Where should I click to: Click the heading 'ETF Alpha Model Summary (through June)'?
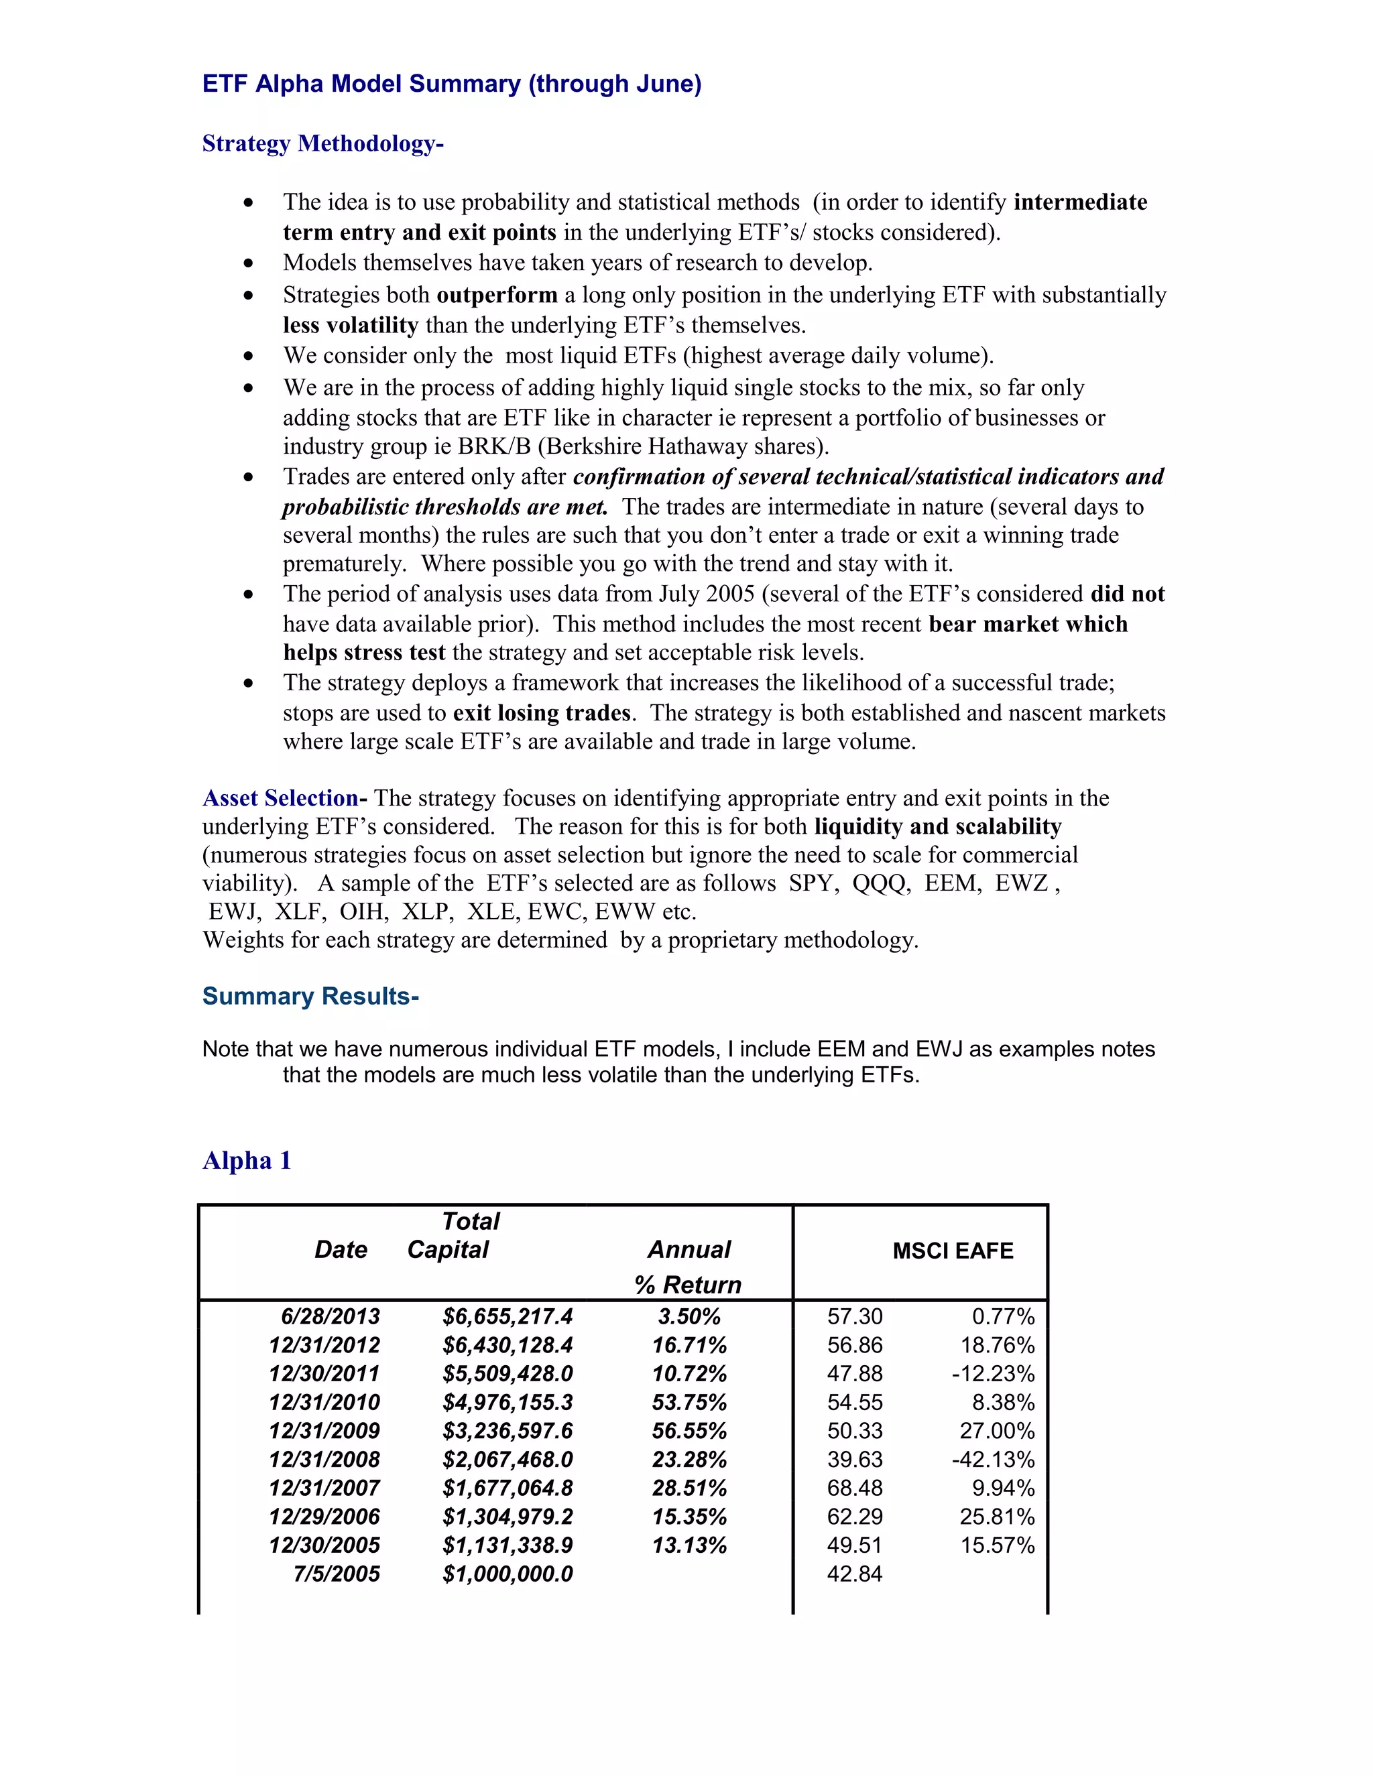click(451, 84)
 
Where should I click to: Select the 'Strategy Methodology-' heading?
click(323, 143)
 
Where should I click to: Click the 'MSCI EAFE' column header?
click(953, 1251)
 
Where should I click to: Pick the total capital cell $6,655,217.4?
click(508, 1316)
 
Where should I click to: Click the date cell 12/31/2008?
click(324, 1460)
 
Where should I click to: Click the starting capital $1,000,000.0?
click(508, 1574)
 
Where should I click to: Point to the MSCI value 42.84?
click(854, 1574)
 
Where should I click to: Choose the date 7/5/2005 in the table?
click(336, 1574)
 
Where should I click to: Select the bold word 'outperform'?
click(497, 294)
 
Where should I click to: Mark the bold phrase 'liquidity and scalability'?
click(938, 826)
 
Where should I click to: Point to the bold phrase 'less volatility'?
click(351, 325)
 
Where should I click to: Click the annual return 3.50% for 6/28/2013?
click(689, 1316)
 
